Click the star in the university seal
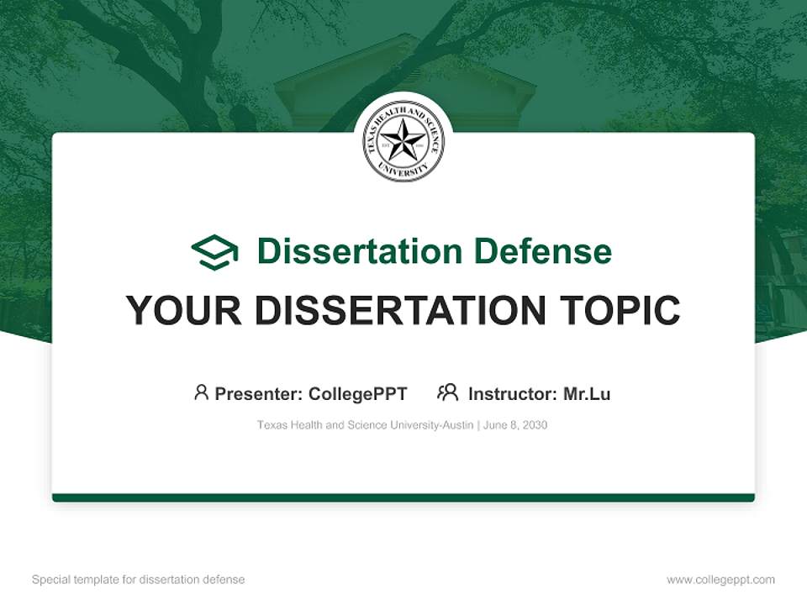point(403,140)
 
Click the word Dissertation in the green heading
point(360,251)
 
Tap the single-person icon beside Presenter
point(201,392)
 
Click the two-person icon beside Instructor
point(447,392)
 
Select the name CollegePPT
point(358,393)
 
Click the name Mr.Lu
point(587,393)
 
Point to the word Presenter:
point(259,393)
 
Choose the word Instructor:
point(512,393)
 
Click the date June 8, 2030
point(515,425)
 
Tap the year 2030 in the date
point(535,425)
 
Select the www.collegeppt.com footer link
point(720,580)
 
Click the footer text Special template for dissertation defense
point(138,580)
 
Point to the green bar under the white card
point(403,498)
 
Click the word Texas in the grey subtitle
point(271,425)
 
